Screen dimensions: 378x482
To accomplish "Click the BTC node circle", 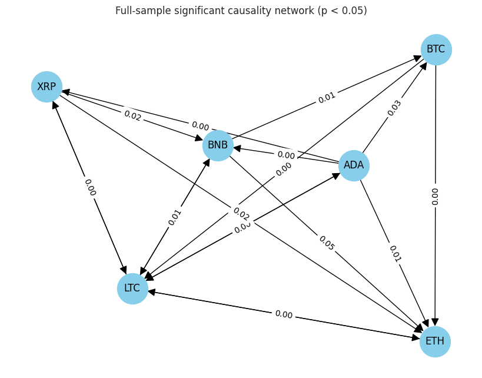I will [x=436, y=49].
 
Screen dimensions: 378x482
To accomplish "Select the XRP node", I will [x=46, y=87].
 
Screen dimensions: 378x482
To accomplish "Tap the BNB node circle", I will [x=218, y=145].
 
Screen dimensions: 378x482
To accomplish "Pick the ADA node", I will [x=354, y=165].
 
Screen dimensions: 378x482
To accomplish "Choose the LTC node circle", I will [x=132, y=289].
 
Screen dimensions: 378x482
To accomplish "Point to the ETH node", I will [x=435, y=341].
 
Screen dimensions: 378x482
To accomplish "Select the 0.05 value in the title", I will [x=351, y=11].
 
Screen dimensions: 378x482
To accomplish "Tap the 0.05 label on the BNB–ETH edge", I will [x=326, y=243].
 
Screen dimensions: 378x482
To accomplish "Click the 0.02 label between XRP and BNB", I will [x=132, y=116].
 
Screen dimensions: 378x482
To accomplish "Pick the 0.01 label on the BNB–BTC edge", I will [x=327, y=98].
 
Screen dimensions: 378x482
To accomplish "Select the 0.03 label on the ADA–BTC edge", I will [x=394, y=108].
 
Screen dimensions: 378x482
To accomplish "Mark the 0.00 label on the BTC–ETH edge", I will [x=436, y=196].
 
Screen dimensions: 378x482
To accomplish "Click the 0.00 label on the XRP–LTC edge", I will [x=89, y=187].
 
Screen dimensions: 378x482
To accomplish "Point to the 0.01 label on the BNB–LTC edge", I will [x=175, y=217].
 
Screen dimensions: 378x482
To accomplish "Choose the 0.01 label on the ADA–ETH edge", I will [x=394, y=254].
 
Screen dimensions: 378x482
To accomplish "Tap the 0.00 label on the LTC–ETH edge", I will [x=284, y=314].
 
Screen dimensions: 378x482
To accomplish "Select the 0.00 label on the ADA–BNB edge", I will [x=286, y=155].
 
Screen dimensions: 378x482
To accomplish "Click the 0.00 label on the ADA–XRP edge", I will [x=200, y=126].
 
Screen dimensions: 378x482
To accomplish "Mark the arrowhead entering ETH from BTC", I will [x=436, y=322].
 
